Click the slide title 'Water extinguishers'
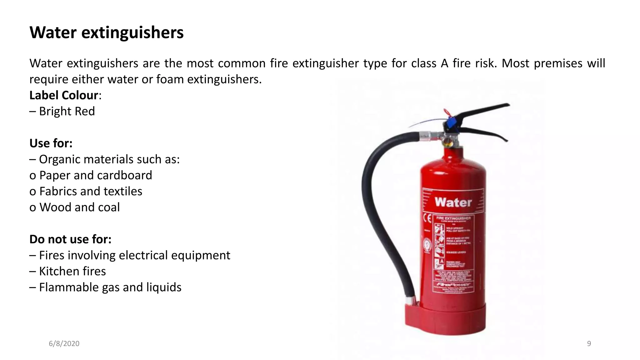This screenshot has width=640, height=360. point(107,32)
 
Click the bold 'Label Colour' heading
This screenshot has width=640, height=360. point(64,95)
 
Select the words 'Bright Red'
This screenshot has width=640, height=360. point(67,111)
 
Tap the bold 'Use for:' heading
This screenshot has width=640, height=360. point(51,143)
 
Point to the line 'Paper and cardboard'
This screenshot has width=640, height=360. point(96,175)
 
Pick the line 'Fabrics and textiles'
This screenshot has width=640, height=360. point(91,191)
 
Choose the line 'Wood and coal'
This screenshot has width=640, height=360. point(79,207)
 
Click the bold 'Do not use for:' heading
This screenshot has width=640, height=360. point(70,239)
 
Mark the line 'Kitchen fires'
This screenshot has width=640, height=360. point(72,271)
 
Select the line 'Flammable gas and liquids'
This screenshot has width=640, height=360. point(110,287)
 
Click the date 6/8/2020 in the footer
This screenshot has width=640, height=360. point(64,343)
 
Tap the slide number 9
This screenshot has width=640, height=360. point(589,343)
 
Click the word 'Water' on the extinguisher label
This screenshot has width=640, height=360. point(453,202)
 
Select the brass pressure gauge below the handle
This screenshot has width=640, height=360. point(447,143)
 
